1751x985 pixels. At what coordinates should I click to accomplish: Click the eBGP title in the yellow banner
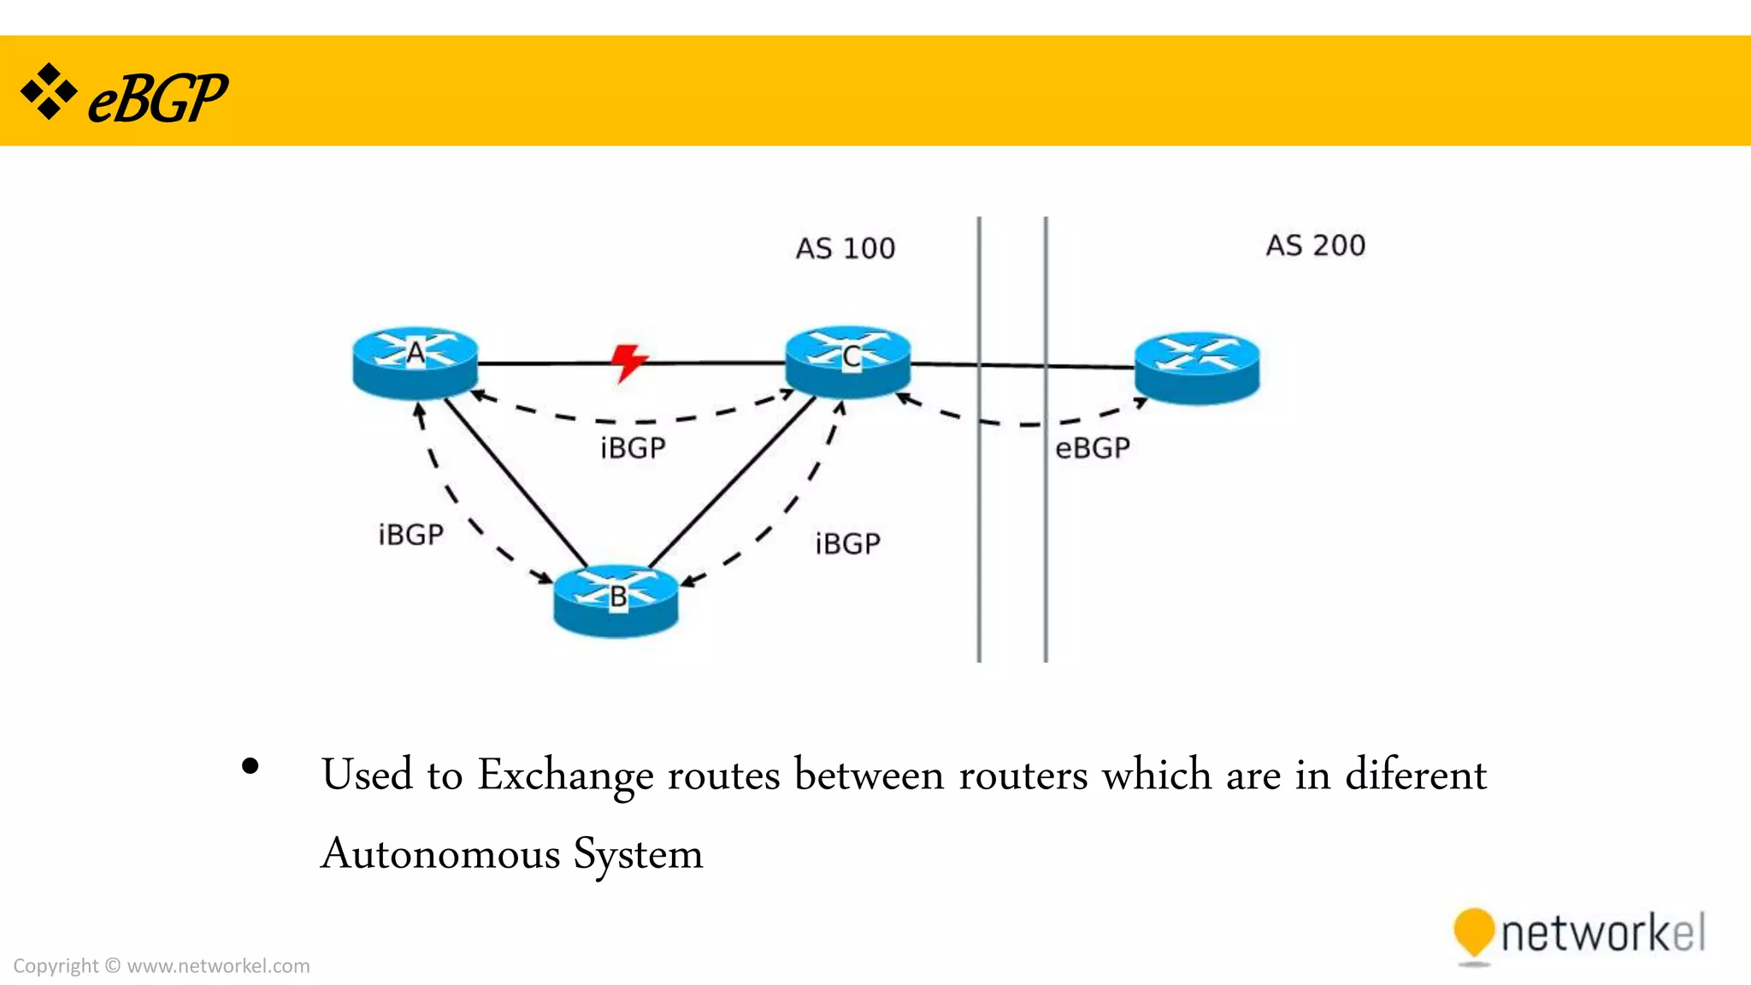pyautogui.click(x=157, y=98)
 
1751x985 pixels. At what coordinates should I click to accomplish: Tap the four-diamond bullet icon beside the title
pyautogui.click(x=49, y=91)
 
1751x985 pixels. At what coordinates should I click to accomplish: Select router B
pyautogui.click(x=616, y=600)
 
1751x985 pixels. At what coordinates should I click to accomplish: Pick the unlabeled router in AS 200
pyautogui.click(x=1197, y=368)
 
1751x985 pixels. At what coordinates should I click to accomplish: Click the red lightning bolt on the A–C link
pyautogui.click(x=629, y=363)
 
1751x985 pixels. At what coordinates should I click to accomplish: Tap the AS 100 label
pyautogui.click(x=846, y=249)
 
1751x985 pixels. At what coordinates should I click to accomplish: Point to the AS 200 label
pyautogui.click(x=1316, y=245)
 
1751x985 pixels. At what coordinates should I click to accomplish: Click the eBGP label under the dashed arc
pyautogui.click(x=1093, y=448)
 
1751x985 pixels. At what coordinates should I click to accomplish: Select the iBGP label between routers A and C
pyautogui.click(x=633, y=448)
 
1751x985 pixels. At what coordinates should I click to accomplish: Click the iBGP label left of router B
pyautogui.click(x=411, y=535)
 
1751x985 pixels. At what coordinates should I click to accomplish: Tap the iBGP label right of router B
pyautogui.click(x=847, y=544)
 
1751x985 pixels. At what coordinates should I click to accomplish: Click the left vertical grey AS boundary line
pyautogui.click(x=979, y=513)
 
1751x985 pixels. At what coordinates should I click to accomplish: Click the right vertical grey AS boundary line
pyautogui.click(x=1046, y=513)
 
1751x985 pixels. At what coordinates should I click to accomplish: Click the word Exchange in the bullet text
pyautogui.click(x=565, y=776)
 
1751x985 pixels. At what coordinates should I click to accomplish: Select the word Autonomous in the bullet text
pyautogui.click(x=441, y=854)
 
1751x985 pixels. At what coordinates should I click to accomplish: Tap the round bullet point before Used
pyautogui.click(x=250, y=766)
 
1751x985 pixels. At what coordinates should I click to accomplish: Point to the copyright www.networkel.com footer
pyautogui.click(x=162, y=966)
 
